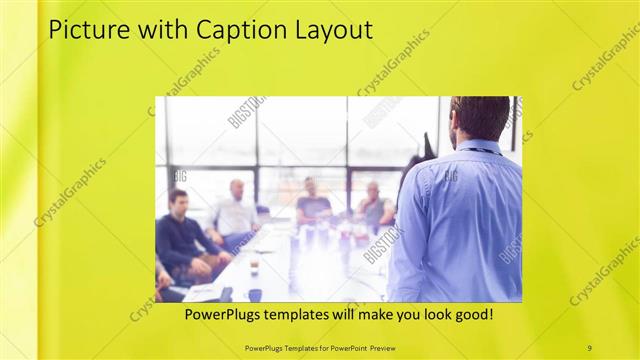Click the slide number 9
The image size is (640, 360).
pos(589,347)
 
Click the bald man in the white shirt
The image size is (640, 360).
pos(235,212)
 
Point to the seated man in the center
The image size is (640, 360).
pos(313,203)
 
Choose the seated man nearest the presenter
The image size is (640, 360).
pos(374,205)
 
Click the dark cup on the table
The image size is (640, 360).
pos(254,294)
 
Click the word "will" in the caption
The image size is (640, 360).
pos(356,314)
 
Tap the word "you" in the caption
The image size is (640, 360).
pos(394,314)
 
